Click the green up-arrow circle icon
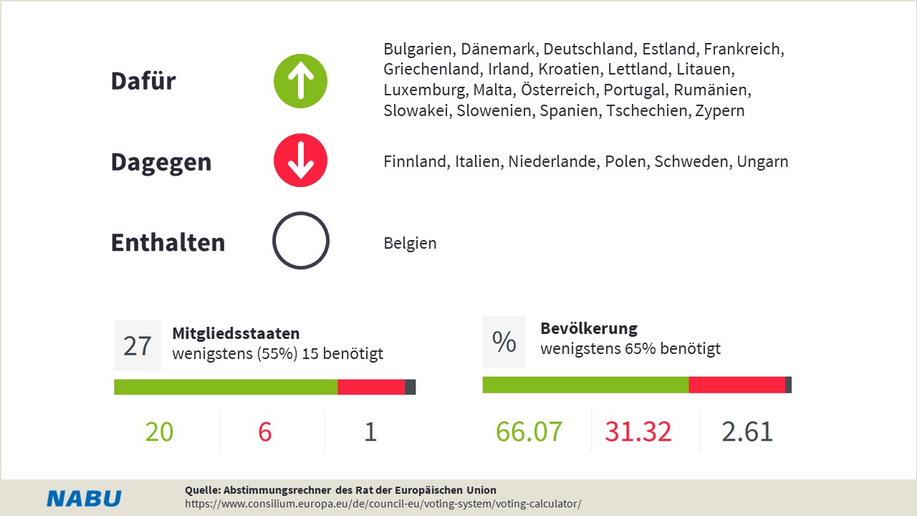[300, 81]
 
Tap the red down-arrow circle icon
[300, 160]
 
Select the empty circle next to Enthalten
[300, 241]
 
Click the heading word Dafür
[143, 81]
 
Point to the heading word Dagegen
[160, 162]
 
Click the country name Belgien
[410, 243]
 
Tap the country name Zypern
[719, 111]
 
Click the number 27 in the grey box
[138, 345]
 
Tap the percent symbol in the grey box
[504, 342]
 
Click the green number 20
[159, 432]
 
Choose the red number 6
[264, 432]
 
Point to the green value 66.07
[529, 432]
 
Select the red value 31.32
[638, 432]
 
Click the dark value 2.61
[747, 432]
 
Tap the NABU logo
[84, 499]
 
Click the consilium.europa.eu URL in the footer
[383, 504]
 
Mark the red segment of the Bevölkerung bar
[736, 385]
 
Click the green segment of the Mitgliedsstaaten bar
[226, 387]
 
